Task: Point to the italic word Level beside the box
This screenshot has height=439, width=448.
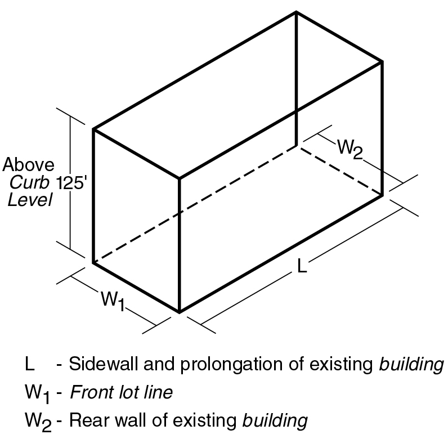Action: pos(30,200)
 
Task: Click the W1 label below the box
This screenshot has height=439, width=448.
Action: pos(113,301)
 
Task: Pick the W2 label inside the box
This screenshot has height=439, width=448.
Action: pos(350,150)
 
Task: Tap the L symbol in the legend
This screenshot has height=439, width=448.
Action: pos(29,364)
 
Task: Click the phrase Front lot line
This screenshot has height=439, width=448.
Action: pos(121,392)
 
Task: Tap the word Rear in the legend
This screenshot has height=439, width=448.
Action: pos(84,420)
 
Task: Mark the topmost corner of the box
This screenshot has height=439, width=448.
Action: pos(297,12)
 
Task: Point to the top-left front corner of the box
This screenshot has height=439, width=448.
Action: pos(93,129)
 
